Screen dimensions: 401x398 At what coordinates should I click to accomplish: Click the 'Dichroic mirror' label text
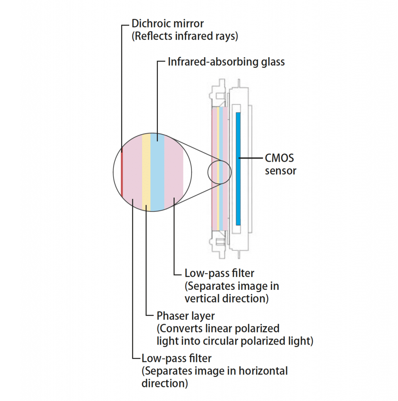[168, 23]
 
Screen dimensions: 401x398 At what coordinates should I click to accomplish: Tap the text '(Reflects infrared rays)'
[185, 36]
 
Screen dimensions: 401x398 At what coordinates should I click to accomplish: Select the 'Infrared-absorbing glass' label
[226, 62]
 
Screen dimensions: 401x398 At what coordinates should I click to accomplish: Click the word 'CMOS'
[279, 159]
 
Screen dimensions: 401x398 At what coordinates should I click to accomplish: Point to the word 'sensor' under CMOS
[280, 171]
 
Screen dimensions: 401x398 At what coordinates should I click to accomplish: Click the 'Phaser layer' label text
[186, 315]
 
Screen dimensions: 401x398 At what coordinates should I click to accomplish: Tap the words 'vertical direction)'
[227, 298]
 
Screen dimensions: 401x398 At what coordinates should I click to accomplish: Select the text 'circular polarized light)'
[258, 341]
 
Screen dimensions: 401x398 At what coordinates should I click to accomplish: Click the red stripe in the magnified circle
[122, 172]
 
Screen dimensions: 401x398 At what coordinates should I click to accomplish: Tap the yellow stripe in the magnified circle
[146, 172]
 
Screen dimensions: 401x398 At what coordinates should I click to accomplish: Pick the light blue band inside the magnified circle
[157, 172]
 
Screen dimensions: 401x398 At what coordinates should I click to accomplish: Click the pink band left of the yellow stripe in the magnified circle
[132, 172]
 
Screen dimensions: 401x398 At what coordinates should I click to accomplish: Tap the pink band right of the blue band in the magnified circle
[174, 172]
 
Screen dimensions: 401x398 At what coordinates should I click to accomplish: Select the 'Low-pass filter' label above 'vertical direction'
[219, 273]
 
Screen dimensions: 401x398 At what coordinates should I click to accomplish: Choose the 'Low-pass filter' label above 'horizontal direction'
[176, 358]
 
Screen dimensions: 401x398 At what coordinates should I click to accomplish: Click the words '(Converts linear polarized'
[218, 328]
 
